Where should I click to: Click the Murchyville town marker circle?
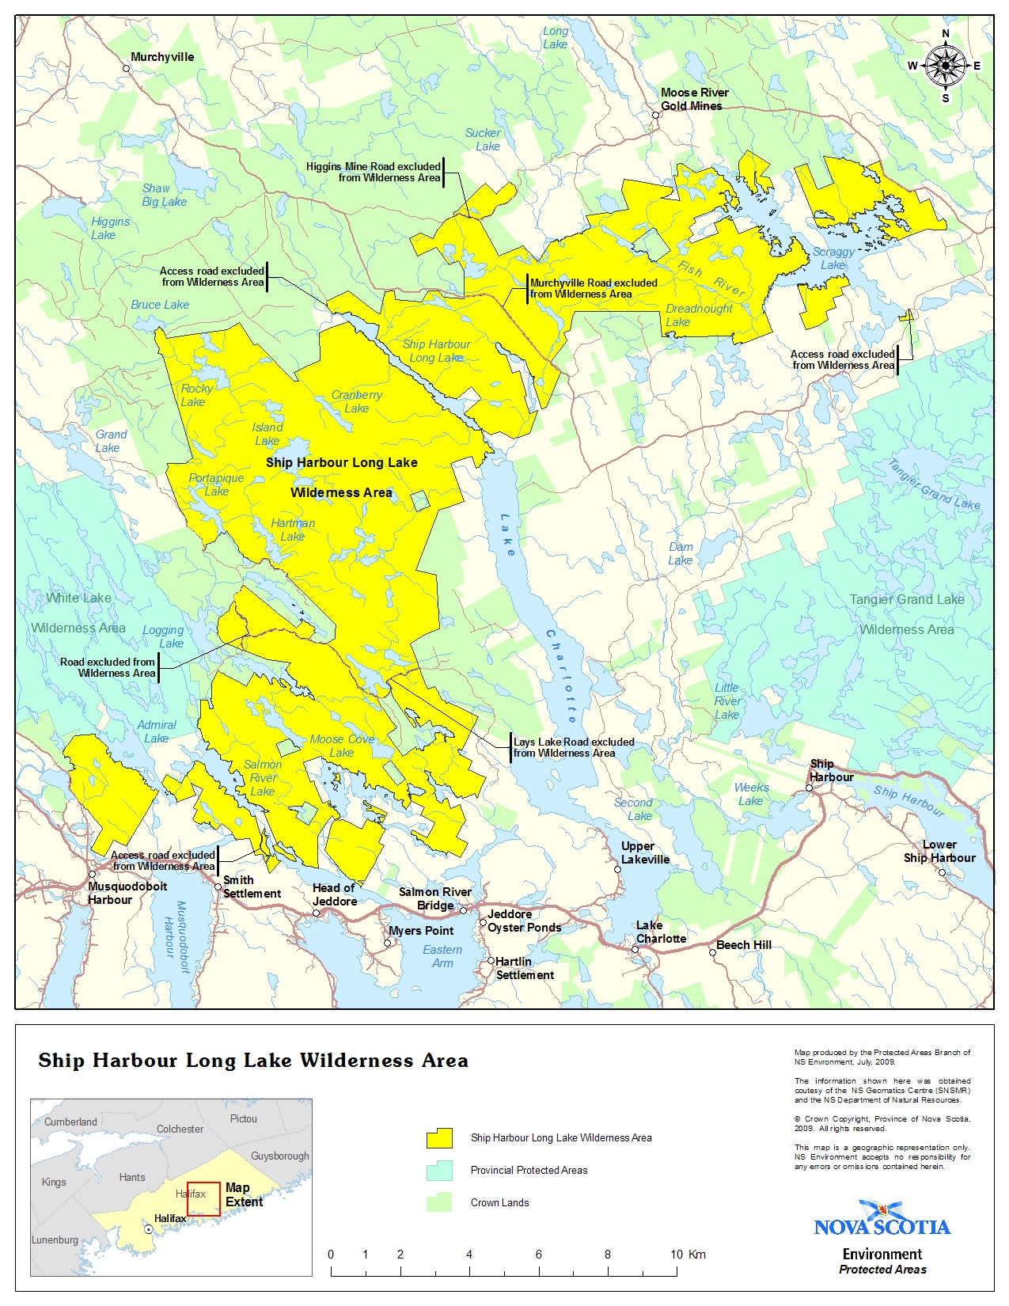pos(127,69)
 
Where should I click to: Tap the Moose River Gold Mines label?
pos(693,99)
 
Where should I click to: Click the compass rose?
pos(945,66)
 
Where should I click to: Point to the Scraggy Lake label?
pos(833,258)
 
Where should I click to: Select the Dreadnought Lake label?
pos(698,315)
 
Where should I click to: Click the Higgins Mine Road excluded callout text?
pos(374,172)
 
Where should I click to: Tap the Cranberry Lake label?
pos(356,401)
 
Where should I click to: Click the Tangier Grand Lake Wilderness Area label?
pos(907,614)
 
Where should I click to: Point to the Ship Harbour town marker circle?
pos(809,788)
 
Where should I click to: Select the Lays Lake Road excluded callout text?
pos(574,747)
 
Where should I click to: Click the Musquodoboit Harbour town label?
pos(127,893)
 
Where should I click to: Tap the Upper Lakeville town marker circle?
pos(617,869)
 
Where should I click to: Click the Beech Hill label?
pos(743,945)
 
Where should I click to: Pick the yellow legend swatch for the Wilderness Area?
pos(439,1138)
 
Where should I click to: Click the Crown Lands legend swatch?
pos(439,1202)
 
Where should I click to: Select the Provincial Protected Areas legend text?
pos(529,1170)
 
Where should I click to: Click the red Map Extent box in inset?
pos(203,1198)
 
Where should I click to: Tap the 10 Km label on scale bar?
pos(687,1254)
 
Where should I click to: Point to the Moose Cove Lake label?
pos(342,746)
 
